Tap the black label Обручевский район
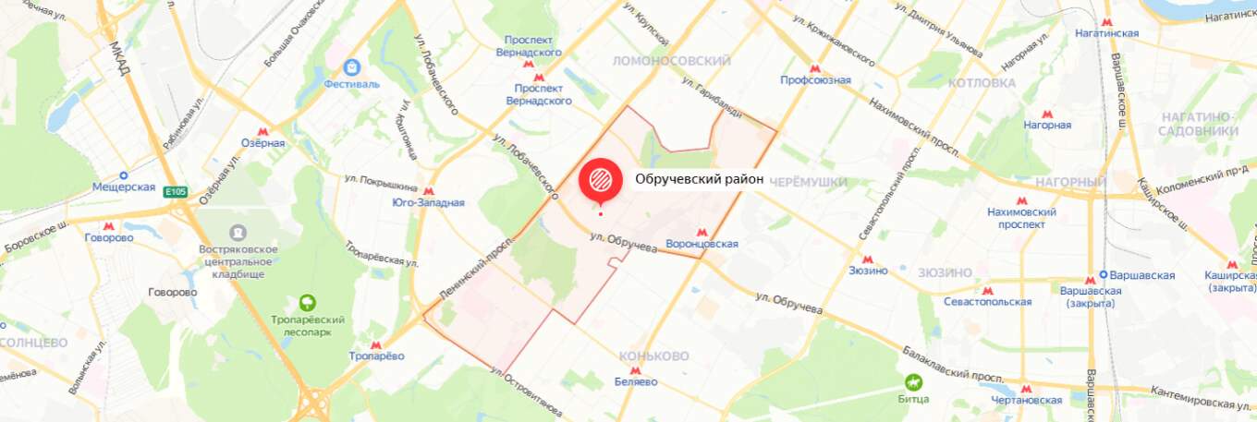pos(699,179)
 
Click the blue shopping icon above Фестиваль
pos(351,68)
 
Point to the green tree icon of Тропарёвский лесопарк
pos(307,303)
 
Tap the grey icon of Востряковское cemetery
pos(238,232)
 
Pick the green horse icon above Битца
pos(912,382)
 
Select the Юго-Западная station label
pos(428,202)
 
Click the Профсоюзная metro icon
pos(814,67)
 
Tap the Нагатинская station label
pos(1106,33)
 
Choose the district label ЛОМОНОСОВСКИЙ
pos(672,61)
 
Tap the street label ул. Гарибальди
pos(712,95)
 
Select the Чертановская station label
pos(1027,400)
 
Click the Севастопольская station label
pos(987,302)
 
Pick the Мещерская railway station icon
pos(123,174)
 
